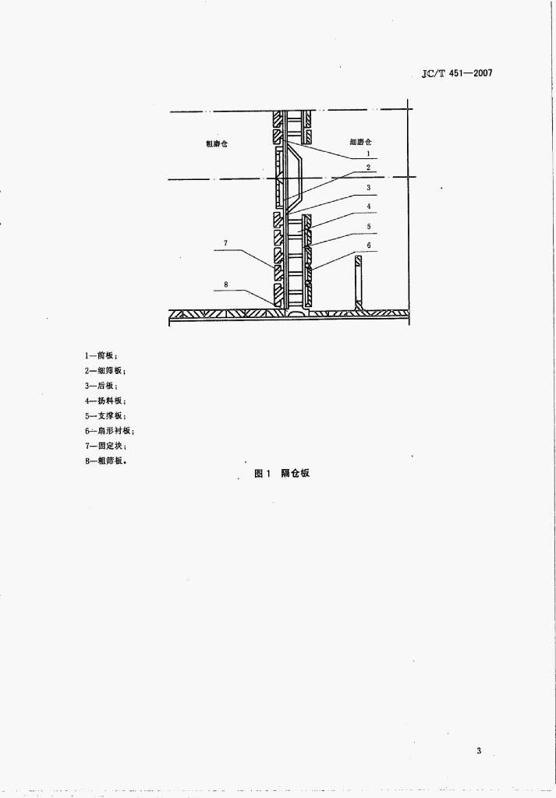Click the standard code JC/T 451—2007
pyautogui.click(x=457, y=73)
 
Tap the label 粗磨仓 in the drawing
pyautogui.click(x=216, y=143)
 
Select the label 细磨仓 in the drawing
pyautogui.click(x=360, y=142)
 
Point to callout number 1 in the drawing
pyautogui.click(x=368, y=154)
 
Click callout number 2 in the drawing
pyautogui.click(x=368, y=168)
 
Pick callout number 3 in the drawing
pyautogui.click(x=368, y=188)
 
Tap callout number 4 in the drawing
pyautogui.click(x=369, y=207)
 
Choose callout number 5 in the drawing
pyautogui.click(x=369, y=227)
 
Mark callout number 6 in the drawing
pyautogui.click(x=369, y=245)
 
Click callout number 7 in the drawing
pyautogui.click(x=225, y=243)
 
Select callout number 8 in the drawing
pyautogui.click(x=225, y=285)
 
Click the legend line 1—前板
pyautogui.click(x=101, y=355)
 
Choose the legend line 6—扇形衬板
pyautogui.click(x=109, y=431)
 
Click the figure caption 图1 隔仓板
pyautogui.click(x=282, y=473)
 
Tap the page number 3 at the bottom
pyautogui.click(x=479, y=750)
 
